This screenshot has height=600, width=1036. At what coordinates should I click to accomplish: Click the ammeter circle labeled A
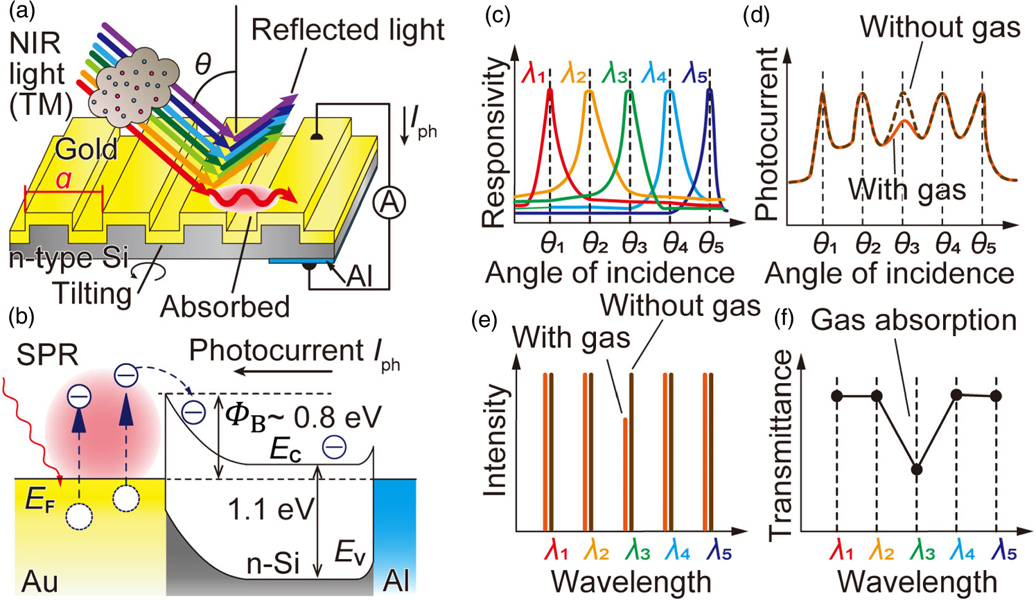(389, 202)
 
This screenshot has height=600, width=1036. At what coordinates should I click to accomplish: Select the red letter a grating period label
(63, 179)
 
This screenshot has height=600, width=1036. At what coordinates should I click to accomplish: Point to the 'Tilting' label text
(93, 293)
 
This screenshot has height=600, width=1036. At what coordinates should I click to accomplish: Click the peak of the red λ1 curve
(550, 91)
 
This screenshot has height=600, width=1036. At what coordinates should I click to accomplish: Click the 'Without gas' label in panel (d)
(940, 27)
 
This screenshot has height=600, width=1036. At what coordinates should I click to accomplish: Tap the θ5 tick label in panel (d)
(983, 245)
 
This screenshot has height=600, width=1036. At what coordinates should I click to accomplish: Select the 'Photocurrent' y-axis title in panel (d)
(767, 134)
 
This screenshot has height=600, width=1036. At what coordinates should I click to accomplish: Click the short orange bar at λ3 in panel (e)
(626, 471)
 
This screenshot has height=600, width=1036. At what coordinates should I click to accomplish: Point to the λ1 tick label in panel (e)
(556, 553)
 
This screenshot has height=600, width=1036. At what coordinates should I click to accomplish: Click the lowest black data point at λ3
(917, 470)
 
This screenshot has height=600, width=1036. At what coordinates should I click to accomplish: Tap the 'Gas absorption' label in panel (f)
(913, 320)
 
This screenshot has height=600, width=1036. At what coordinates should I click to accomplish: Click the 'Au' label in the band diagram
(39, 581)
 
